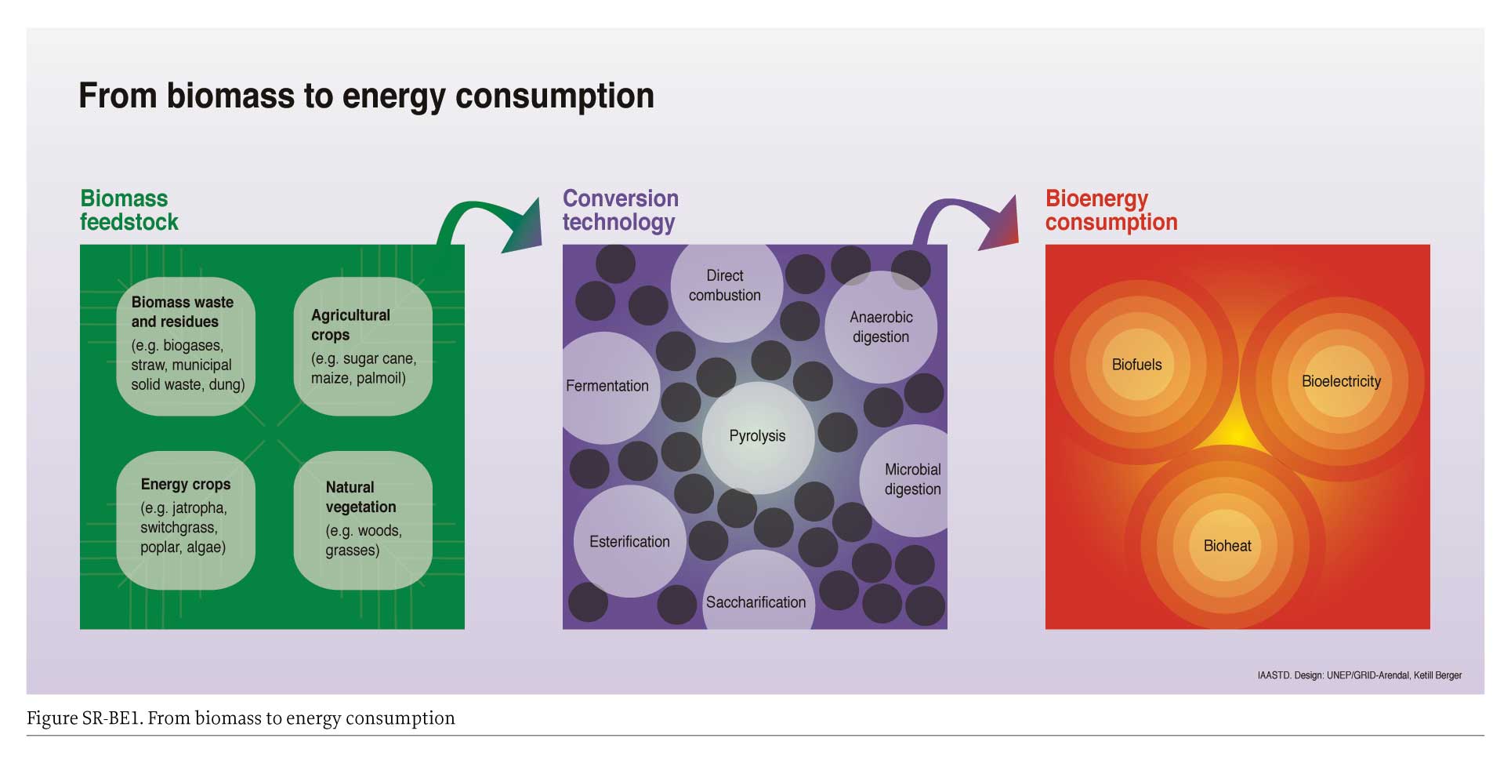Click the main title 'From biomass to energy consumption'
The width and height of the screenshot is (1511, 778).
coord(366,96)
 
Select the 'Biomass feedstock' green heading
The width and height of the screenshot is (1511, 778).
coord(129,210)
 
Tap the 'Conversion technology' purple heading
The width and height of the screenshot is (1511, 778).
coord(621,210)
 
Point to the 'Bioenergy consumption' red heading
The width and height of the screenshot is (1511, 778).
coord(1111,210)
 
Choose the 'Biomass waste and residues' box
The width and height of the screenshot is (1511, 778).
coord(186,346)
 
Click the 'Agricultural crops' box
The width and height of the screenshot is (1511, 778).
coord(363,346)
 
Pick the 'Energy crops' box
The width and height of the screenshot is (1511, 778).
coord(186,521)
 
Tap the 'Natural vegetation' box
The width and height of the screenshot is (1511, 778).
coord(363,521)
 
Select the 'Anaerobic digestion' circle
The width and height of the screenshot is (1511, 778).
coord(881,327)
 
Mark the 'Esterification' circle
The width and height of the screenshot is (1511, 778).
coord(630,541)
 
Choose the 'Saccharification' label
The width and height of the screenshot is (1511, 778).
coord(756,602)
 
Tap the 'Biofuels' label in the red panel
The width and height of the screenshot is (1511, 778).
coord(1137,365)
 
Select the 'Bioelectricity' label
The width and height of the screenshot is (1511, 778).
coord(1341,382)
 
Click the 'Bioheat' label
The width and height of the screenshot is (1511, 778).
coord(1227,546)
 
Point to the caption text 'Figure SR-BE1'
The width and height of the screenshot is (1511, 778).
coord(84,718)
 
